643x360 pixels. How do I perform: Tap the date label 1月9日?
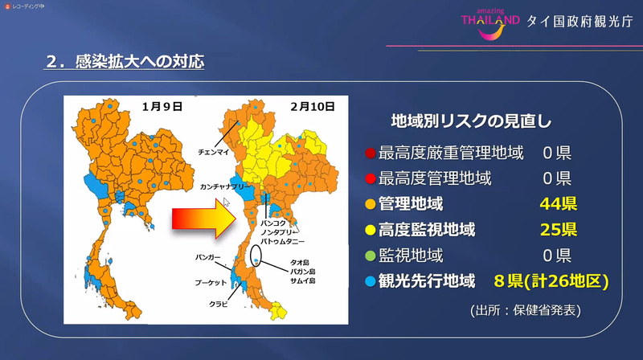162,105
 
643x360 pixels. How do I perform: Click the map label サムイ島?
303,282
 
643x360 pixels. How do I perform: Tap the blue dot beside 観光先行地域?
369,281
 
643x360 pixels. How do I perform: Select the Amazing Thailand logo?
489,19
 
